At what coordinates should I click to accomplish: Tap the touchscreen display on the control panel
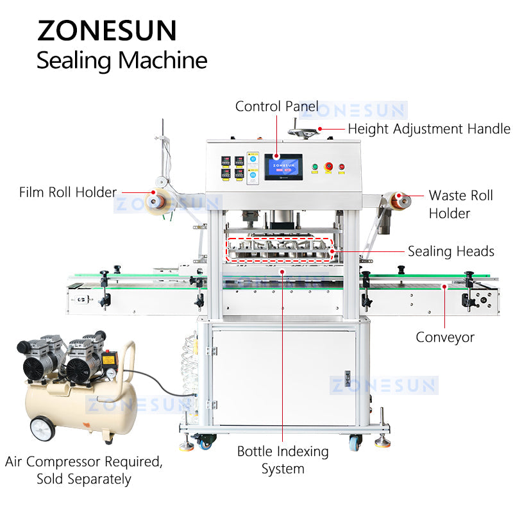pyautogui.click(x=283, y=166)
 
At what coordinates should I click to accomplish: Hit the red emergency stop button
pyautogui.click(x=328, y=167)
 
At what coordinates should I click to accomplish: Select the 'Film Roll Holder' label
pyautogui.click(x=68, y=192)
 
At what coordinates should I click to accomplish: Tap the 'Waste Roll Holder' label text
pyautogui.click(x=460, y=204)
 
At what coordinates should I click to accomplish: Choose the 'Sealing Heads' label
pyautogui.click(x=451, y=251)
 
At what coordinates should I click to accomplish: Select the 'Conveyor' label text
pyautogui.click(x=444, y=337)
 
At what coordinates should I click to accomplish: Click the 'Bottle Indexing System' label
pyautogui.click(x=283, y=460)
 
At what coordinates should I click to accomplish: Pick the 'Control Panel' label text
pyautogui.click(x=276, y=106)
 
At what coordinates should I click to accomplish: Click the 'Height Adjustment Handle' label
pyautogui.click(x=429, y=129)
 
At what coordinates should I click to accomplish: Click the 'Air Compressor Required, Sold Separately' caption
pyautogui.click(x=84, y=470)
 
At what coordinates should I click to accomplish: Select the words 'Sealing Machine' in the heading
pyautogui.click(x=122, y=60)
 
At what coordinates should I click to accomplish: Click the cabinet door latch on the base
pyautogui.click(x=348, y=378)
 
